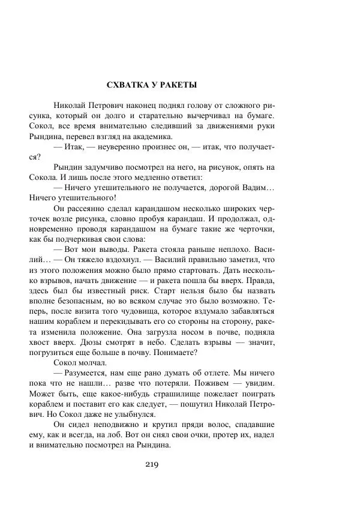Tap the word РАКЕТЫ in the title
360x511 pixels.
coord(176,85)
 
